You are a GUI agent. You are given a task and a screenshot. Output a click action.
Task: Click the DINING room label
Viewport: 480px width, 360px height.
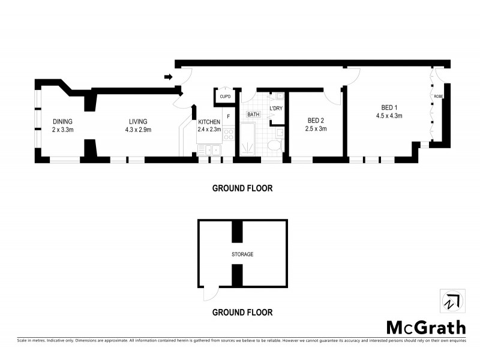(x=62, y=121)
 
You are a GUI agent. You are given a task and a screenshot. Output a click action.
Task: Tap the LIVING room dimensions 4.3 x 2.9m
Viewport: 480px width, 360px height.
(x=138, y=130)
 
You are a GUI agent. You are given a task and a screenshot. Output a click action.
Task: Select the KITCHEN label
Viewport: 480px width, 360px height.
(x=209, y=122)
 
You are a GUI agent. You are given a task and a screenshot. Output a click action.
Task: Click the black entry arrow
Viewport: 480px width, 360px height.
(x=169, y=77)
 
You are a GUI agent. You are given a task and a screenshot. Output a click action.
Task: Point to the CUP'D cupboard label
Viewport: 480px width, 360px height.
(x=226, y=97)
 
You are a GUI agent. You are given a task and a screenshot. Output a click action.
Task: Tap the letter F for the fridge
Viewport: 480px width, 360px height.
(x=229, y=115)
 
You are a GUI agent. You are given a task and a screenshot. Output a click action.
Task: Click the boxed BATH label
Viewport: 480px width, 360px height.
(x=253, y=114)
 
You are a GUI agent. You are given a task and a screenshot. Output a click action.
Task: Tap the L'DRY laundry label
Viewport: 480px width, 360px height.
(x=275, y=108)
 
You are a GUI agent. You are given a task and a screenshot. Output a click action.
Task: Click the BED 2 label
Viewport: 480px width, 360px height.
(x=316, y=120)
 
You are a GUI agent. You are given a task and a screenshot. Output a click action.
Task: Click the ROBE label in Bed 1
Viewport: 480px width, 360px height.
(x=439, y=96)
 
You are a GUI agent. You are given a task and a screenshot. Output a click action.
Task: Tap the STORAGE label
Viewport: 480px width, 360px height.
(x=242, y=254)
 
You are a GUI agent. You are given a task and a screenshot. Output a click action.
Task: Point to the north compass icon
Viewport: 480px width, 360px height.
(x=450, y=302)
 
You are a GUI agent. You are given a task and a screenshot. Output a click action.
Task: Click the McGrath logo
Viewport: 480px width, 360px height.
(x=425, y=327)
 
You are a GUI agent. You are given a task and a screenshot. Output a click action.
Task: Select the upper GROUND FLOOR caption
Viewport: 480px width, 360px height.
(x=242, y=188)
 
